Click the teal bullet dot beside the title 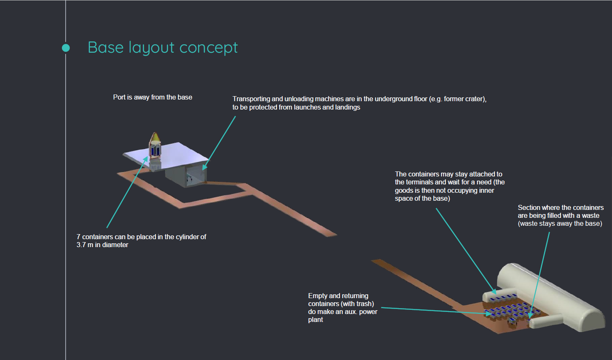[66, 48]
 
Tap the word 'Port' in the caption [119, 97]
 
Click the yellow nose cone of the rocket [155, 137]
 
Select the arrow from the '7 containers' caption [127, 193]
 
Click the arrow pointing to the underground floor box [220, 142]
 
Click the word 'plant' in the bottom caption [316, 320]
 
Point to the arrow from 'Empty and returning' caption [435, 311]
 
